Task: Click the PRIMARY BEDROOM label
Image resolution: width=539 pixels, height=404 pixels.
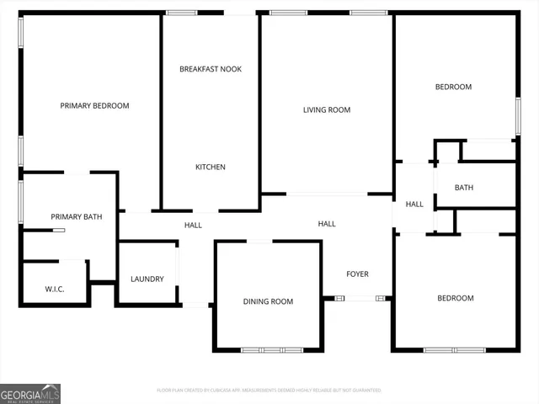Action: (x=94, y=106)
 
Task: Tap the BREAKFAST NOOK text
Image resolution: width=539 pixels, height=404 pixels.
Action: (x=211, y=69)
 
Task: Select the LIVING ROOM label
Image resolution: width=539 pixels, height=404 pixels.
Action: (x=327, y=110)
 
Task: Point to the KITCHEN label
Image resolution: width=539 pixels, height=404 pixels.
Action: (x=211, y=167)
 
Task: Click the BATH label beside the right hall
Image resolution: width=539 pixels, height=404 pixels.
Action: (x=464, y=188)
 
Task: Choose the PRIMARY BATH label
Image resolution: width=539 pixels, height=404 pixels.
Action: (x=77, y=217)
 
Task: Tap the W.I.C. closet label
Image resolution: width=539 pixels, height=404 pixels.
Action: (x=55, y=290)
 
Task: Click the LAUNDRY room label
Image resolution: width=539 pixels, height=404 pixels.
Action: (x=147, y=279)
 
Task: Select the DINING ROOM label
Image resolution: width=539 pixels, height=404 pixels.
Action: (x=268, y=301)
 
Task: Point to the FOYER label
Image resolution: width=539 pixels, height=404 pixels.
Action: (x=358, y=274)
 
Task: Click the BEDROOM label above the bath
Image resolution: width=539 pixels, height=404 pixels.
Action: (x=453, y=88)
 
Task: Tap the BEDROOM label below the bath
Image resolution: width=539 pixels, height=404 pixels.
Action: (x=455, y=298)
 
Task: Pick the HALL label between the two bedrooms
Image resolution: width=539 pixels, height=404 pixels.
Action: (x=414, y=205)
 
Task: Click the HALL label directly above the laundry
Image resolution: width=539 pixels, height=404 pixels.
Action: (x=194, y=226)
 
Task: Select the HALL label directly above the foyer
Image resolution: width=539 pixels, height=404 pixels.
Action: (x=327, y=224)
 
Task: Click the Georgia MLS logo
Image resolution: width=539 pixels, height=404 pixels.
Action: (x=30, y=393)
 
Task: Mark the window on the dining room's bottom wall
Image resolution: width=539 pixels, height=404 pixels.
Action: (x=270, y=349)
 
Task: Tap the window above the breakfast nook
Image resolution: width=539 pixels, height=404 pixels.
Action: (x=181, y=13)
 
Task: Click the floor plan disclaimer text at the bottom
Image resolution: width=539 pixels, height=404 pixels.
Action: (x=269, y=391)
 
